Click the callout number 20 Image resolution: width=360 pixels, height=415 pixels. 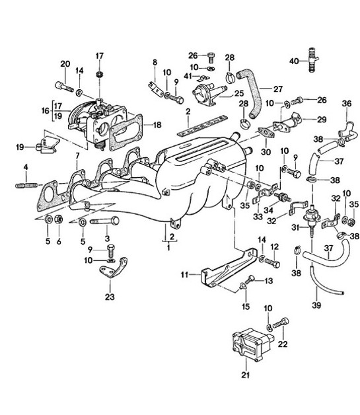65,63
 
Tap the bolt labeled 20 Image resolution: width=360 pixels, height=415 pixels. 65,86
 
